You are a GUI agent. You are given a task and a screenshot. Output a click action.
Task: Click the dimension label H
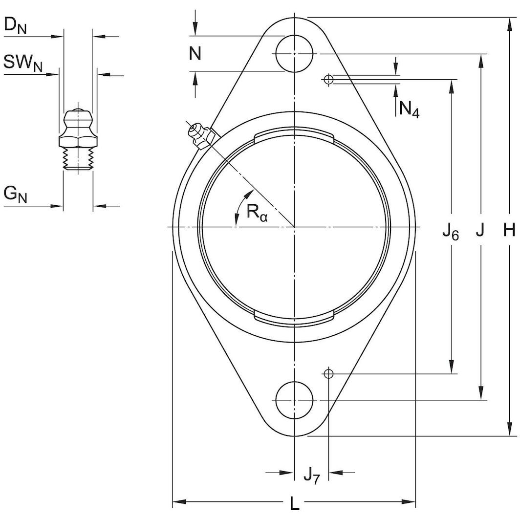(509, 230)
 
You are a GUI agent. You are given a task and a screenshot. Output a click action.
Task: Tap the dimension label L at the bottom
(294, 503)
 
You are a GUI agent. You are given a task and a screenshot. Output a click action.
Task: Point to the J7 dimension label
(311, 474)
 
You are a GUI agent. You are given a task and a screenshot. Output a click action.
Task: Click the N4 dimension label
(409, 109)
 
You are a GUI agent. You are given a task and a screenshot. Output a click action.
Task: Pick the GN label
(15, 194)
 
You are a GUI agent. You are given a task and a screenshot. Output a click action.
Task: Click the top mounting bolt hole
(294, 54)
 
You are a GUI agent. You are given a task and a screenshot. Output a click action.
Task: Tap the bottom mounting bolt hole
(294, 400)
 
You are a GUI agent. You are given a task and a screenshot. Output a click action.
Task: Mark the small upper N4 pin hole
(329, 79)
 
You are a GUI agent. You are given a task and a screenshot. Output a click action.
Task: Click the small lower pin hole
(329, 374)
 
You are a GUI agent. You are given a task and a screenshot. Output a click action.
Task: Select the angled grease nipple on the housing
(201, 135)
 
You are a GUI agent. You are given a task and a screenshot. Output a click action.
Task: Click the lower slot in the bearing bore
(294, 319)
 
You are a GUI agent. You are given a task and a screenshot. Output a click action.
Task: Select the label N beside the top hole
(195, 53)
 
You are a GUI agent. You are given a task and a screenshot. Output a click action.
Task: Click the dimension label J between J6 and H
(480, 230)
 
